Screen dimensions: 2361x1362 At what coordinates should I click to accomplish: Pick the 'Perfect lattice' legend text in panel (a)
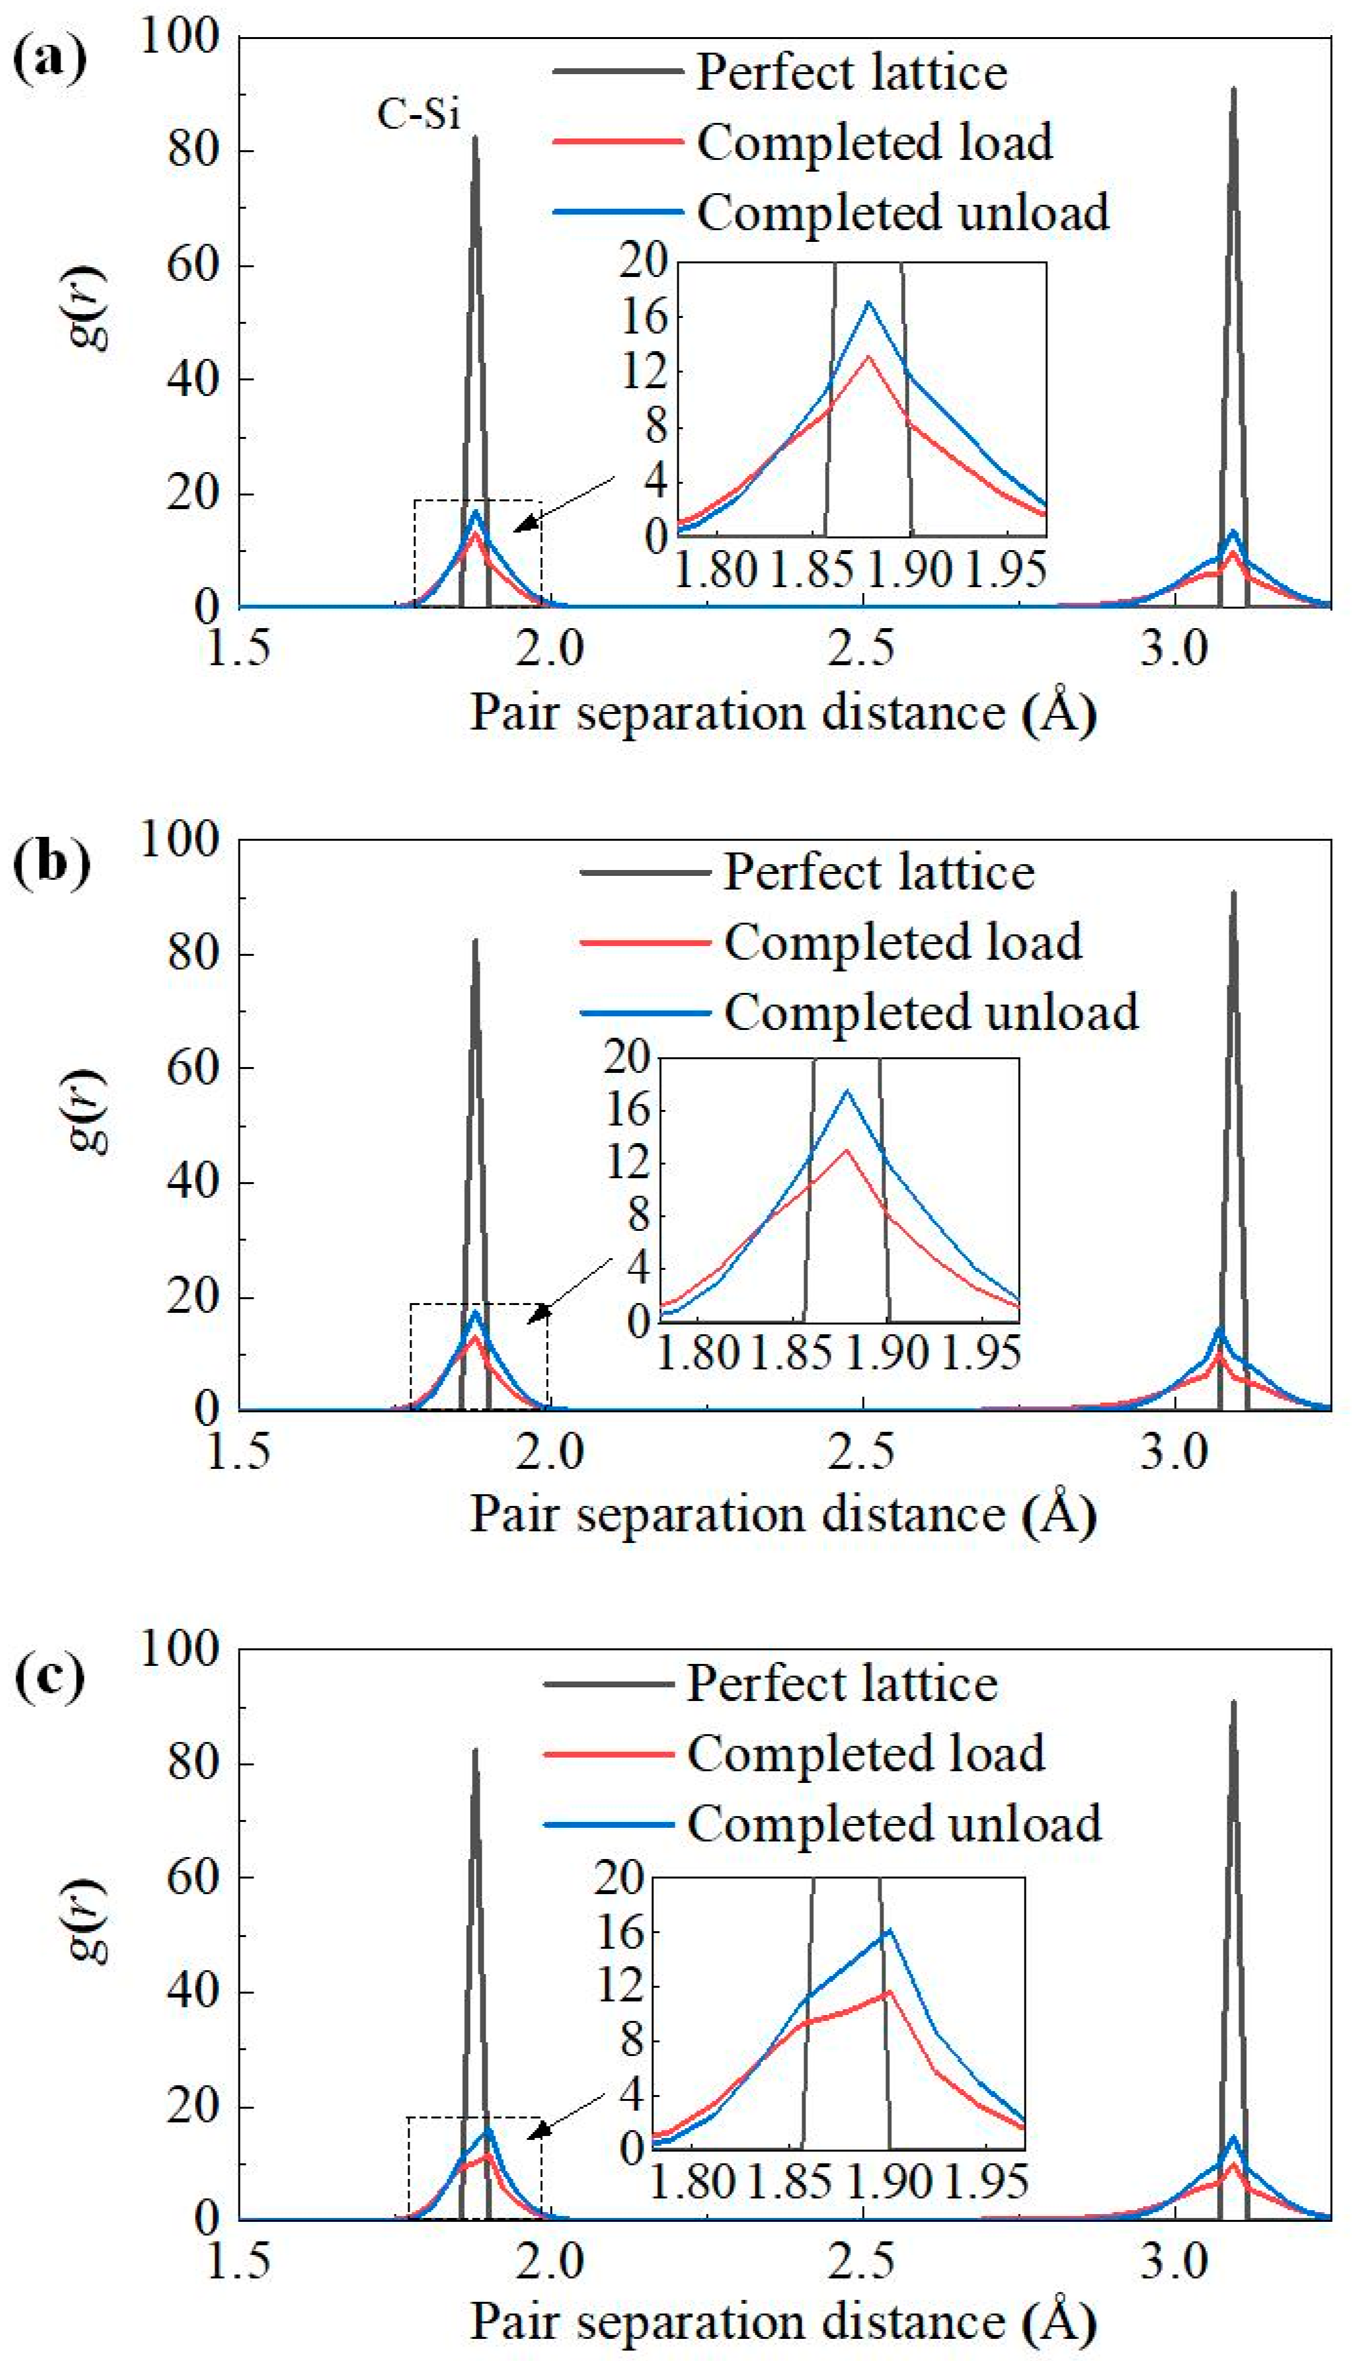[851, 72]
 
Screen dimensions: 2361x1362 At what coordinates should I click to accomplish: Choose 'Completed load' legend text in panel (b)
[903, 942]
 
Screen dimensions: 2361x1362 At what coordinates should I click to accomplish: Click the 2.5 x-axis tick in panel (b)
[861, 1452]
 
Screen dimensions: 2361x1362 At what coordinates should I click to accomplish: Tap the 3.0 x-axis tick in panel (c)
[1173, 2261]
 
